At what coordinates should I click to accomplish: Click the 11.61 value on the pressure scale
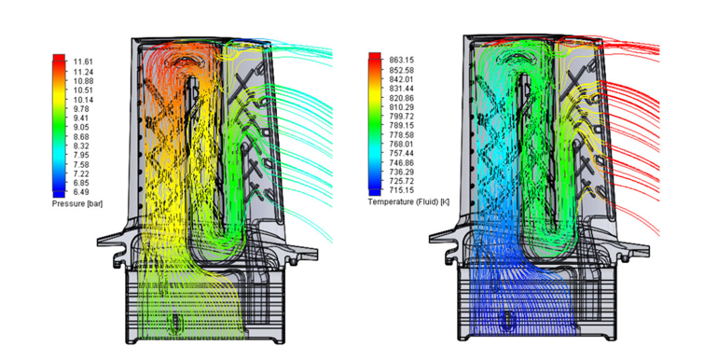tap(81, 62)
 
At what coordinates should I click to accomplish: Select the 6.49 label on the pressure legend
tap(81, 192)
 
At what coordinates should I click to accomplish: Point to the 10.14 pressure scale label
tap(81, 100)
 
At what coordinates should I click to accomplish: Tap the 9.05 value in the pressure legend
tap(81, 128)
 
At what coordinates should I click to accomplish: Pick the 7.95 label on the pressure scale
tap(81, 155)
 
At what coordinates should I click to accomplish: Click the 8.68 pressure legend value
tap(81, 136)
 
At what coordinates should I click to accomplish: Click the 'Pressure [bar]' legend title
tap(77, 204)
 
